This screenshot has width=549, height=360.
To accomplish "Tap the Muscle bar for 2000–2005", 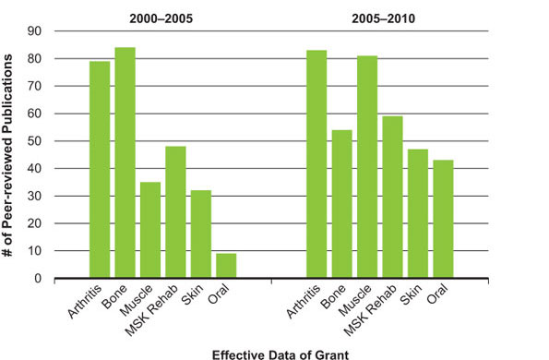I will (150, 230).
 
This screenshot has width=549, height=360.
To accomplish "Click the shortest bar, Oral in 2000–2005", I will (226, 265).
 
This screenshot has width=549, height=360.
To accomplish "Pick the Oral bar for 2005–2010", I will (443, 219).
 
